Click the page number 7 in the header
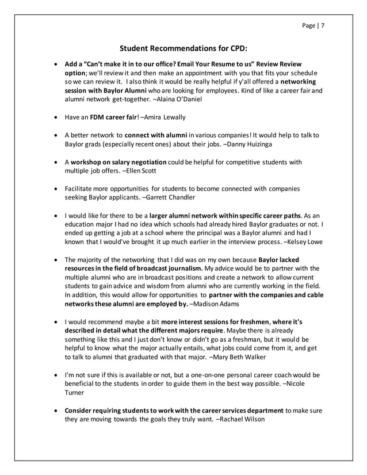(x=322, y=25)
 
